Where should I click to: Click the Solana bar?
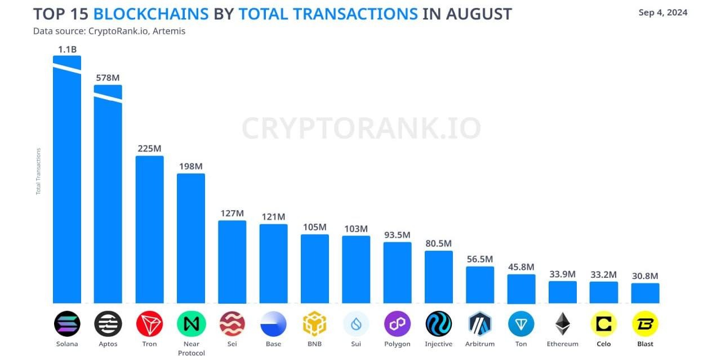(67, 186)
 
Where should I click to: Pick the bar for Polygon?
(398, 273)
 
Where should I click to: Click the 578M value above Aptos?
(108, 77)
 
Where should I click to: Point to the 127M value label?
(232, 213)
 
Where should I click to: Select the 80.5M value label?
(438, 243)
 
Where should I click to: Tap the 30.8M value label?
(645, 276)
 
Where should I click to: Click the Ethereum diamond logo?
(562, 324)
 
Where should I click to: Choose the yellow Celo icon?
(604, 324)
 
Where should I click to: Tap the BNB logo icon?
(315, 324)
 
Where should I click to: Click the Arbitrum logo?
(480, 324)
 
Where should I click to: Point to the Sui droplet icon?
(356, 324)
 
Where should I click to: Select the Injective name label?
(439, 344)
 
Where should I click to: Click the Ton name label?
(521, 344)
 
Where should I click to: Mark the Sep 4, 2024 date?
(663, 12)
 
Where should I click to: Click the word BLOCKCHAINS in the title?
(150, 14)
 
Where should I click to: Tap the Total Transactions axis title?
(38, 171)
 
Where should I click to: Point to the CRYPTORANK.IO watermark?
(361, 128)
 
